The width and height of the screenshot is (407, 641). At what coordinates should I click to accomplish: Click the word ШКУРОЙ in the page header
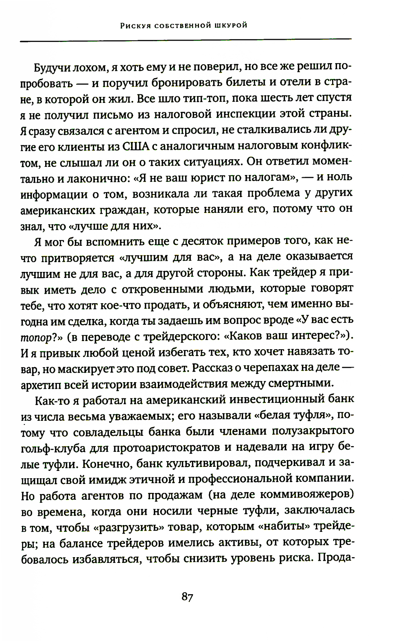coord(230,26)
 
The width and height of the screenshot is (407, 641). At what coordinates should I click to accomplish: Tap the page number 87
coord(187,597)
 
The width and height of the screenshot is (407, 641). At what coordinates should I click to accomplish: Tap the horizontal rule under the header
coord(186,39)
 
